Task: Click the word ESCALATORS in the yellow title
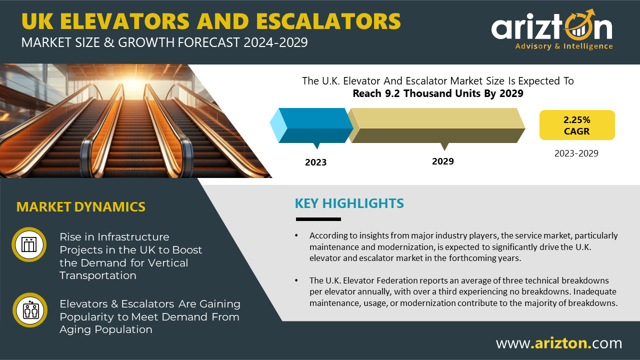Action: tap(328, 21)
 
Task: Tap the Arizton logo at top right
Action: tap(552, 29)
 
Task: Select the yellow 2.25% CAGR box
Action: tap(577, 125)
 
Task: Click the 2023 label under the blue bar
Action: tap(315, 162)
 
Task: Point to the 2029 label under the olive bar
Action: tap(443, 161)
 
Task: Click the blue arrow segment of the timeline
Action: tap(311, 125)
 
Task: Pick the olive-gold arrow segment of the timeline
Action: tap(436, 125)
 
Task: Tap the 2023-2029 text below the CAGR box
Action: tap(576, 153)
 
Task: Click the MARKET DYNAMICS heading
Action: tap(81, 207)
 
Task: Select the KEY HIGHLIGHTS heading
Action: tap(349, 203)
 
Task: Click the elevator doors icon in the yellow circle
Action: tap(29, 244)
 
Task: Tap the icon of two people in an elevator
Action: tap(30, 310)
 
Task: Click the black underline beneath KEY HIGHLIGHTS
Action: tap(318, 219)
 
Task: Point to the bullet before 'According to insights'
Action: tap(296, 235)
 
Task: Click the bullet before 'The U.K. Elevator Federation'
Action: tap(296, 280)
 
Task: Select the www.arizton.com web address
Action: tap(559, 343)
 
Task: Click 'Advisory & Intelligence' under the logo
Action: tap(564, 46)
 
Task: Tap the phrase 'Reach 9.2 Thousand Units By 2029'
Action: tap(438, 93)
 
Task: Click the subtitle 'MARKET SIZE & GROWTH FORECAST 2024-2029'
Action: tap(164, 42)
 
